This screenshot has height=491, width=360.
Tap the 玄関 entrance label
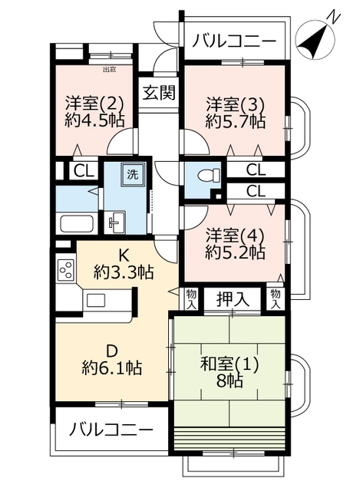click(x=159, y=93)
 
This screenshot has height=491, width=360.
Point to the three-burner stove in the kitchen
click(x=66, y=269)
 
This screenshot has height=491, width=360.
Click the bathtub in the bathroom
click(x=77, y=222)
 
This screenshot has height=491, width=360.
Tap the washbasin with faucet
click(x=114, y=222)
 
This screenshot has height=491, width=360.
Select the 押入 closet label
click(x=233, y=299)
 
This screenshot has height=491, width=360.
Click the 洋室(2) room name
click(x=94, y=103)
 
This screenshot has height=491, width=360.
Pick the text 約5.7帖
click(x=236, y=121)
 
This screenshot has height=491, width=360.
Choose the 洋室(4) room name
click(x=235, y=235)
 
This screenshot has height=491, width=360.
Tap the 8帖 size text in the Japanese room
click(x=230, y=381)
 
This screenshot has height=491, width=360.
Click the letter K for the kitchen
click(x=123, y=255)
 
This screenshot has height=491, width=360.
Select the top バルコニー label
click(x=234, y=41)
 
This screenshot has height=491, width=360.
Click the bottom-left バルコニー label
click(x=111, y=430)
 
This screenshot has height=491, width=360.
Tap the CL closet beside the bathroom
click(x=84, y=171)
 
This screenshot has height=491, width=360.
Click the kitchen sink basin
click(x=97, y=301)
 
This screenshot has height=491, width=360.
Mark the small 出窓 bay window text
click(x=110, y=70)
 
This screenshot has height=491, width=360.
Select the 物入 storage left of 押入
click(x=191, y=299)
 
